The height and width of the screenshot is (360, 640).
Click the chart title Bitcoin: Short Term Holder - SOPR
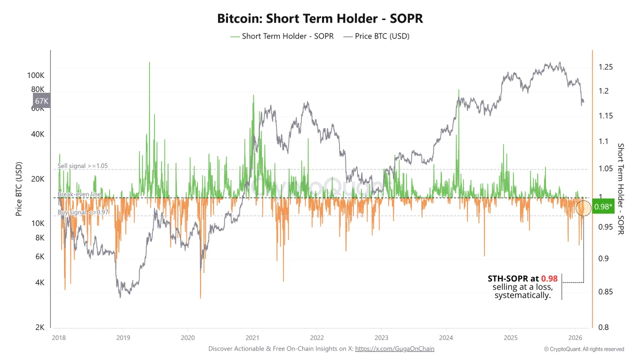pyautogui.click(x=320, y=18)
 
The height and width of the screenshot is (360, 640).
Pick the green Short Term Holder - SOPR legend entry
pyautogui.click(x=282, y=36)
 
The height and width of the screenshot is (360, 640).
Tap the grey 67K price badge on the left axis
pyautogui.click(x=41, y=101)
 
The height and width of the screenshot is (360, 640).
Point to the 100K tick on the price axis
pyautogui.click(x=36, y=75)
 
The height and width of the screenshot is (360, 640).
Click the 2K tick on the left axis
pyautogui.click(x=40, y=327)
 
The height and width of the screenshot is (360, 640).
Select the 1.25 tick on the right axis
pyautogui.click(x=605, y=67)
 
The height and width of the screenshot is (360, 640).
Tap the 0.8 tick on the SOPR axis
pyautogui.click(x=603, y=327)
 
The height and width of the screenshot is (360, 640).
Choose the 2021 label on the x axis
pyautogui.click(x=252, y=337)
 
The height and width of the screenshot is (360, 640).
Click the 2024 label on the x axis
pyautogui.click(x=446, y=337)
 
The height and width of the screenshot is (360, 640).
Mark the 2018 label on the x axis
pyautogui.click(x=59, y=337)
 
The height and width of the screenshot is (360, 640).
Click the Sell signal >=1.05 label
pyautogui.click(x=82, y=166)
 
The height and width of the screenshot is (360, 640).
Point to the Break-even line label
pyautogui.click(x=79, y=194)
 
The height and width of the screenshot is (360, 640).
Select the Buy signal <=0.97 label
pyautogui.click(x=82, y=212)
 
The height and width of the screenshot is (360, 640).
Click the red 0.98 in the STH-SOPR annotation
pyautogui.click(x=549, y=278)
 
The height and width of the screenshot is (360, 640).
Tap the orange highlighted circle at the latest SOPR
pyautogui.click(x=583, y=207)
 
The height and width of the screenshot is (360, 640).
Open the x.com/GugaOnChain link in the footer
pyautogui.click(x=394, y=348)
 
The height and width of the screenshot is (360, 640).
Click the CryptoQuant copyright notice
pyautogui.click(x=584, y=349)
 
